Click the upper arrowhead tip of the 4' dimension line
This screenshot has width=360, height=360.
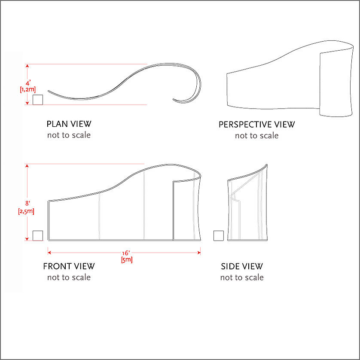pos(27,64)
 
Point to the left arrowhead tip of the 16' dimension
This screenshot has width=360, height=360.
pos(48,253)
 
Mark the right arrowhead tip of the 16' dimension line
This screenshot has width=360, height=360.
pos(201,253)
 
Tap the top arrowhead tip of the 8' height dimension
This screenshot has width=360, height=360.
pos(27,165)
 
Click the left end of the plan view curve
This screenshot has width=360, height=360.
pos(48,91)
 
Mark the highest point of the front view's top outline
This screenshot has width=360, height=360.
pos(169,164)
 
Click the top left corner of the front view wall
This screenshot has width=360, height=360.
pos(48,201)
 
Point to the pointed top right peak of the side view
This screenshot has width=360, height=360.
pos(267,165)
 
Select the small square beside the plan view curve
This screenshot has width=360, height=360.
pos(38,100)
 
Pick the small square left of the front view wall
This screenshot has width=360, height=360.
pos(38,235)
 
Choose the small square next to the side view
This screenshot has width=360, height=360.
pos(219,235)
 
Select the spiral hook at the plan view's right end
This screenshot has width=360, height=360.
pos(187,85)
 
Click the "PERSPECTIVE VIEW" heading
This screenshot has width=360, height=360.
pos(257,125)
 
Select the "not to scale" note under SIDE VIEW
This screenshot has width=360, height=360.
pos(242,278)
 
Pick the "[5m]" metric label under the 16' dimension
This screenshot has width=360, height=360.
pos(127,260)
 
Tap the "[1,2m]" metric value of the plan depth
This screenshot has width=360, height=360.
pos(28,89)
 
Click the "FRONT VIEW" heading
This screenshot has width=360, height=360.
pos(69,266)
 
